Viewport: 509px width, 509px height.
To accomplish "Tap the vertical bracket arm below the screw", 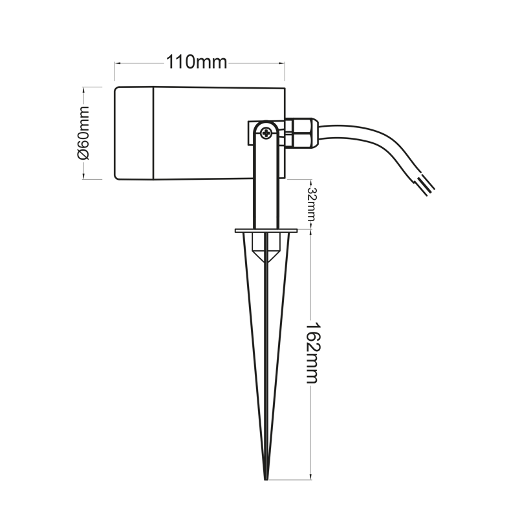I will coord(266,188).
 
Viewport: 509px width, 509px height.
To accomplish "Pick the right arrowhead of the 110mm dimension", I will coord(282,63).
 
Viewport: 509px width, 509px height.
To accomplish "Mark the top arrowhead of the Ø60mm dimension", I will coord(84,89).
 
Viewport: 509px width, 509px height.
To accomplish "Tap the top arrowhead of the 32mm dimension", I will coord(312,181).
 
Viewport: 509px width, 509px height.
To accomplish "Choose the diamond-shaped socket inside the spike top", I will coord(266,250).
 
